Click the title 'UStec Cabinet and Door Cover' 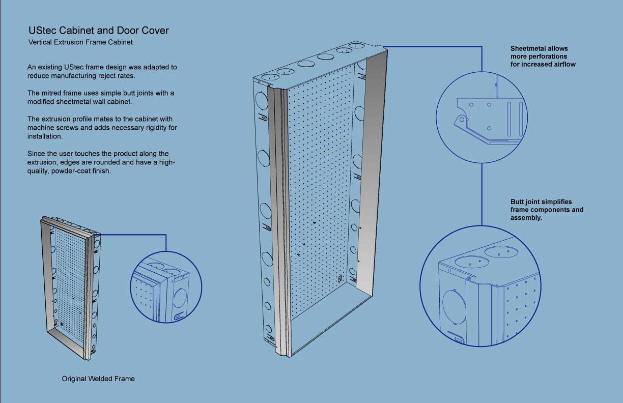coord(98,31)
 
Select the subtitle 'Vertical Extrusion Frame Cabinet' coord(81,42)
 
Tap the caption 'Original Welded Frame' coord(98,379)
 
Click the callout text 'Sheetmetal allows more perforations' coord(539,52)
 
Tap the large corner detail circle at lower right coord(481,287)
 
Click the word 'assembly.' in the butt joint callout coord(526,218)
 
